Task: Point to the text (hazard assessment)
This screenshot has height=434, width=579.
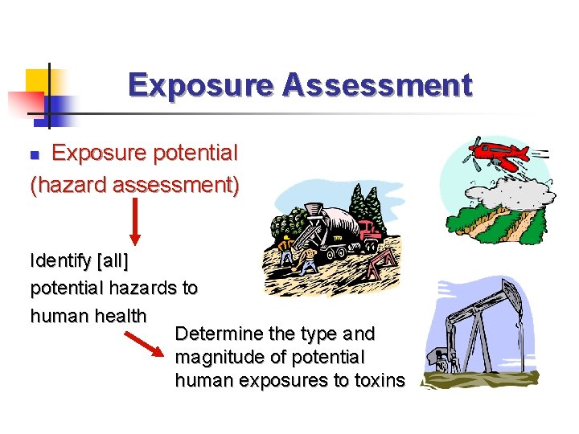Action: click(134, 186)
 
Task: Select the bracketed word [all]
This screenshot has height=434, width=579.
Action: click(112, 261)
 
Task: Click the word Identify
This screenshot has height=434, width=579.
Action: click(60, 261)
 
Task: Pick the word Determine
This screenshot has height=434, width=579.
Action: click(219, 333)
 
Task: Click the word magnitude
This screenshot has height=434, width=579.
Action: click(218, 356)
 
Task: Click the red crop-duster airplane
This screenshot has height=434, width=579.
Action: click(492, 154)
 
